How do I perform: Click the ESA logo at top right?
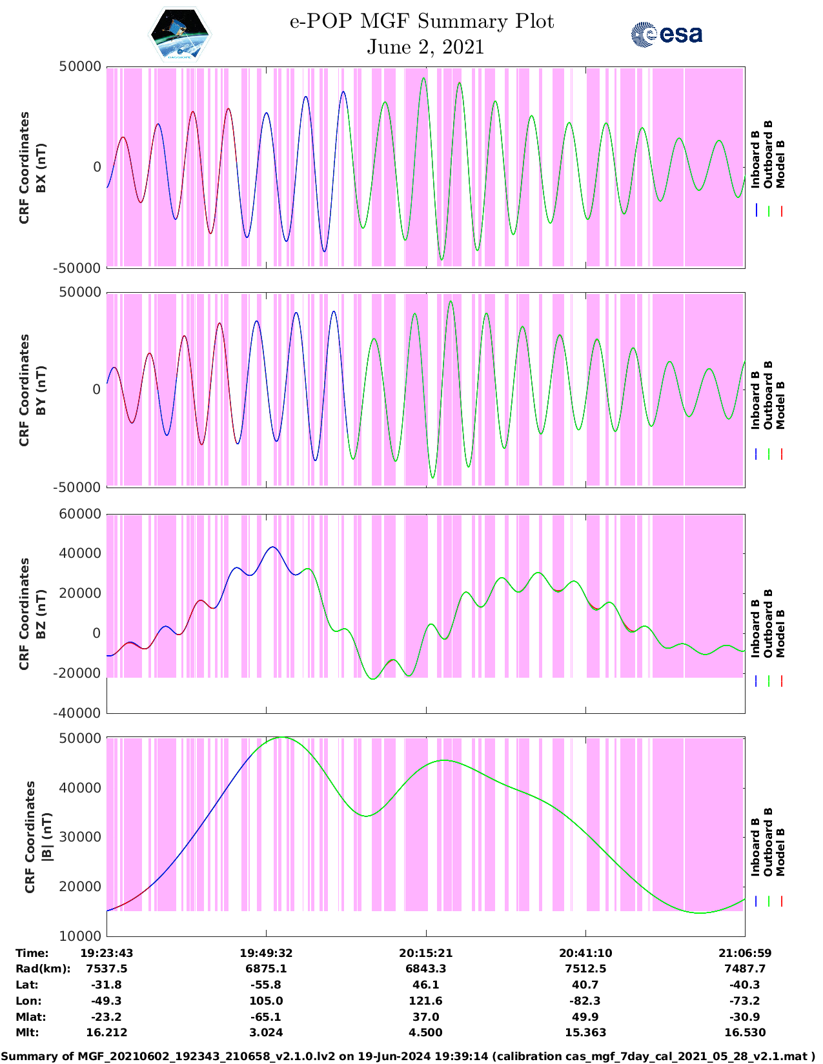tap(667, 34)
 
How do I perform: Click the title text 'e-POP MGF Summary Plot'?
tap(422, 21)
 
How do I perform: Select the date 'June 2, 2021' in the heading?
tap(425, 47)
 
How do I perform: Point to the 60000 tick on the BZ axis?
tap(80, 514)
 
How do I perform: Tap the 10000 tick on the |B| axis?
tap(80, 936)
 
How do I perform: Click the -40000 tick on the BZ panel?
tap(77, 713)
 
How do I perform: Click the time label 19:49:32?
tap(266, 953)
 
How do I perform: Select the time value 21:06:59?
tap(745, 953)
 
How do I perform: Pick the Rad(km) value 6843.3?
tap(426, 969)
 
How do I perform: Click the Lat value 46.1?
tap(426, 985)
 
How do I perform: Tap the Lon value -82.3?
tap(585, 1001)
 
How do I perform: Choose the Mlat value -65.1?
tap(266, 1017)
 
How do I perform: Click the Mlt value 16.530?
tap(745, 1032)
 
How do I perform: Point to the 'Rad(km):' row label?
tap(43, 969)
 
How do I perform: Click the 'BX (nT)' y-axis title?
tap(41, 167)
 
